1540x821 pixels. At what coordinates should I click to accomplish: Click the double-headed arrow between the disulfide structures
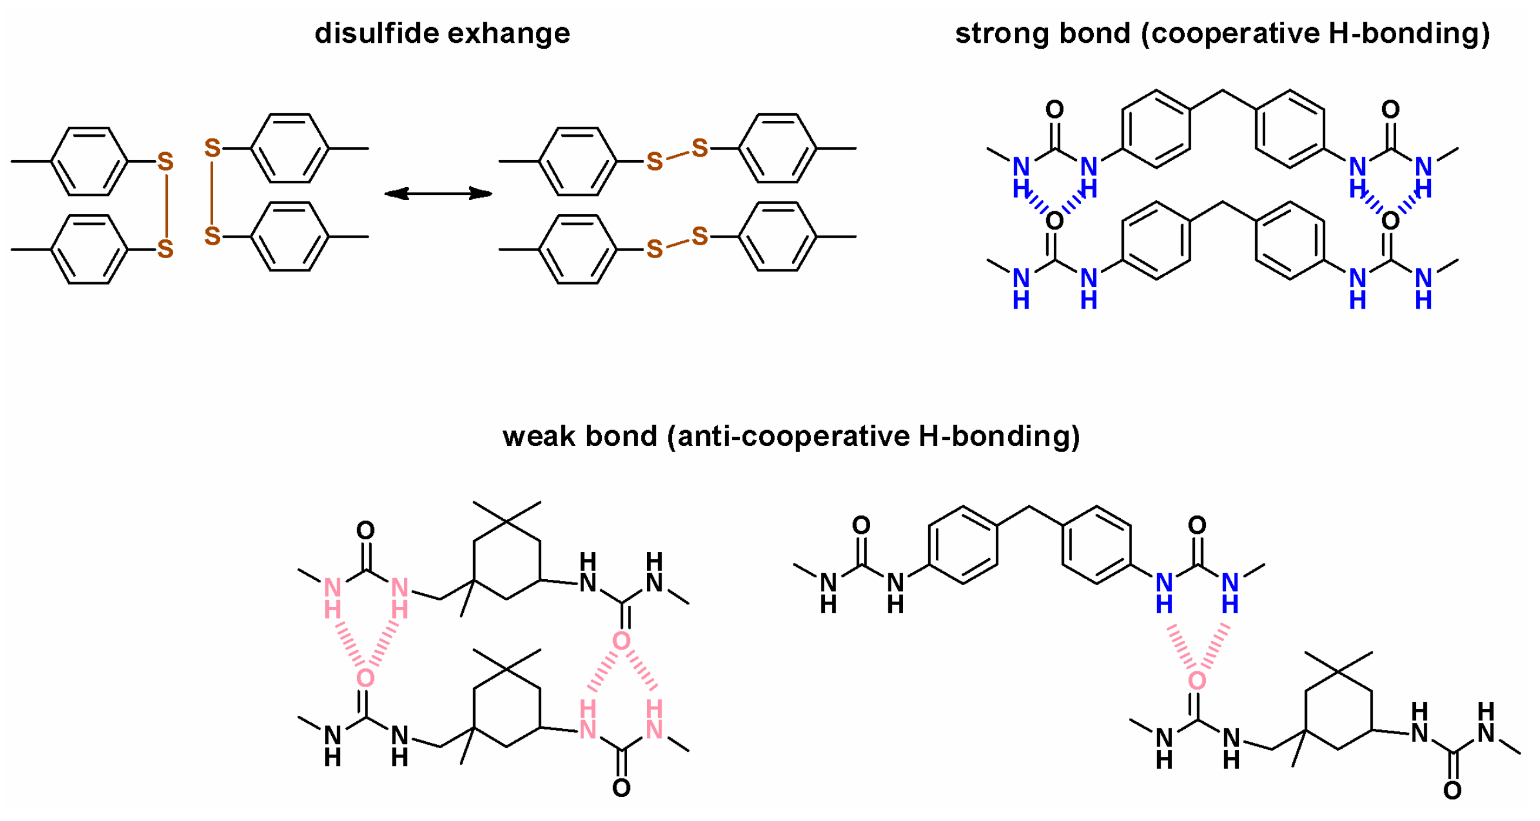click(x=437, y=193)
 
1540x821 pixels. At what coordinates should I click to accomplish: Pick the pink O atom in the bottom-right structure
click(x=1197, y=680)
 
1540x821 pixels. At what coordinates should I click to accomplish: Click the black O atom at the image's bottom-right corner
click(x=1452, y=790)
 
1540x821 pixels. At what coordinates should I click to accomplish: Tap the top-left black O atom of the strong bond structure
click(x=1054, y=109)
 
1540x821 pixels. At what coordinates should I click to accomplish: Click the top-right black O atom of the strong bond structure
click(x=1390, y=109)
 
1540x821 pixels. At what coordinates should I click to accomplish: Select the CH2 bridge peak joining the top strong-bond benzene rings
click(x=1222, y=91)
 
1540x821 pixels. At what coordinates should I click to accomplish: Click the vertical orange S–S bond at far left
click(x=166, y=205)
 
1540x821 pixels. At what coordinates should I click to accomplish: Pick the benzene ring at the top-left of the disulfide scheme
click(x=89, y=161)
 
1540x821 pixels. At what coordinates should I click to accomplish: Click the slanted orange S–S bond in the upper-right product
click(x=678, y=155)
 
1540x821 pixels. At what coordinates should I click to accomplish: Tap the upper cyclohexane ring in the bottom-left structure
click(x=507, y=560)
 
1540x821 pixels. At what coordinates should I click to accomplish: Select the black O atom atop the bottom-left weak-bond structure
click(x=365, y=530)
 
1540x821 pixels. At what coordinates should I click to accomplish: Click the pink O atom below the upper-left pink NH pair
click(x=365, y=678)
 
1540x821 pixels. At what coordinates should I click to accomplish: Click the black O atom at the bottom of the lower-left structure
click(x=621, y=788)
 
